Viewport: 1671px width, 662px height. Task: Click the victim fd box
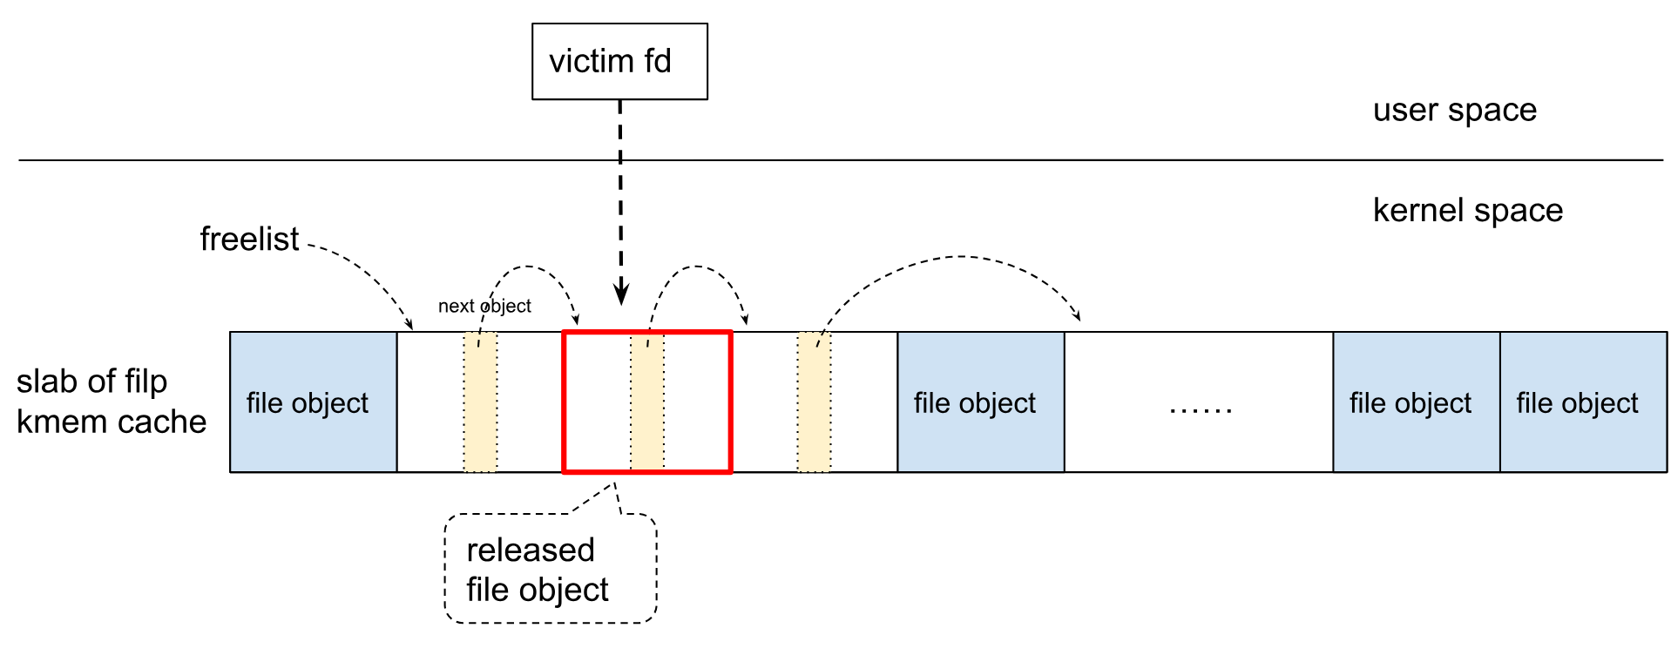point(619,62)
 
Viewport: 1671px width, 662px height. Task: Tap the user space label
point(1454,111)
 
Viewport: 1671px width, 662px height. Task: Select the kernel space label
point(1467,211)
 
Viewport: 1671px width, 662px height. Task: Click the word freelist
point(249,240)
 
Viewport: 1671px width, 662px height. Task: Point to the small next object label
point(484,307)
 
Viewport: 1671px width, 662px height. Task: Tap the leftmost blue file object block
point(313,402)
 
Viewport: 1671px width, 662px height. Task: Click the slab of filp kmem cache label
point(111,402)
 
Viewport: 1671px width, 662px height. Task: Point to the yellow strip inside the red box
point(647,402)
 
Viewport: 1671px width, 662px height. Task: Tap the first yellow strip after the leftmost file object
point(480,402)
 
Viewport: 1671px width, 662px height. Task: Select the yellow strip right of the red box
point(814,402)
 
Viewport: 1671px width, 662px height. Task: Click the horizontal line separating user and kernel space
point(871,160)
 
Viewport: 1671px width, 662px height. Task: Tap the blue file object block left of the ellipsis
point(980,402)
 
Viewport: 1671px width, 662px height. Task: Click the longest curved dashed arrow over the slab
point(958,257)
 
